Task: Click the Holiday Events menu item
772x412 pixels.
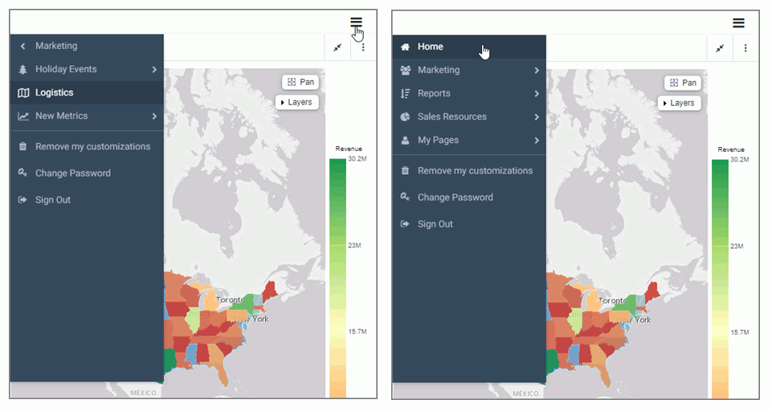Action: (x=67, y=70)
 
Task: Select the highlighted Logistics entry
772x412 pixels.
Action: (x=55, y=93)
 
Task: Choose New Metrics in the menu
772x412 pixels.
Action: (x=62, y=116)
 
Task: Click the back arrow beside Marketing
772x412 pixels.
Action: (x=23, y=47)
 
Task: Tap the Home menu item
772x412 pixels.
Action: (x=431, y=47)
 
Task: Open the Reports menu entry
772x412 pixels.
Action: (x=434, y=94)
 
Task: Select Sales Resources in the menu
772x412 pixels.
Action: (x=451, y=117)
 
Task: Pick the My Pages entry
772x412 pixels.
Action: (x=438, y=141)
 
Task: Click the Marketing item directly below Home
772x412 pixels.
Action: (x=439, y=71)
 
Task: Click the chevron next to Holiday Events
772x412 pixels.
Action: (x=154, y=70)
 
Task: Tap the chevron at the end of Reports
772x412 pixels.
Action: (x=537, y=94)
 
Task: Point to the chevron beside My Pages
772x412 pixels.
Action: (x=537, y=141)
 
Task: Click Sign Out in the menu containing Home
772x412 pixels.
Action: (x=435, y=224)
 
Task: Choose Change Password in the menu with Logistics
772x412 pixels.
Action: (x=72, y=173)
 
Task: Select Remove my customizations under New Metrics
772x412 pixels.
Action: (x=92, y=147)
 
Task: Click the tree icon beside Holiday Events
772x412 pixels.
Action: (x=23, y=70)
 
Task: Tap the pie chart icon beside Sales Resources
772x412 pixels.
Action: (x=406, y=117)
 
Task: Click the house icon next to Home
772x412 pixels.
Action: (x=406, y=47)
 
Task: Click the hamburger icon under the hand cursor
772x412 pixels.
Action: (x=356, y=22)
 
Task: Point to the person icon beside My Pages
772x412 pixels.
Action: (x=406, y=141)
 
